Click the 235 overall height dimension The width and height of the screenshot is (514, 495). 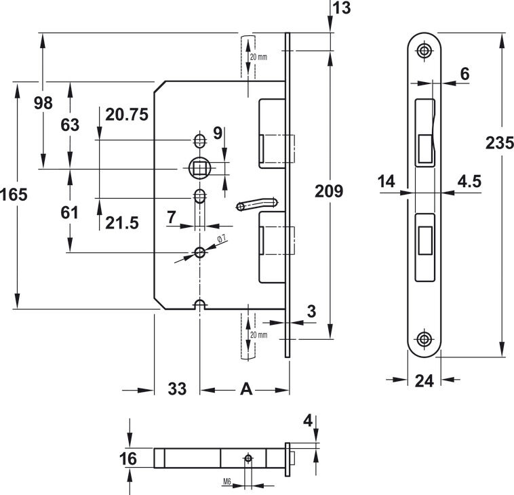pos(499,143)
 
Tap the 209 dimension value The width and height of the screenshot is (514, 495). pos(329,191)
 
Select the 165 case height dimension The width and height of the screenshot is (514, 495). pos(14,195)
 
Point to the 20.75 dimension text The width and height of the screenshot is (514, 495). pos(127,115)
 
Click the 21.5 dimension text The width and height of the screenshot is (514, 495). pos(122,223)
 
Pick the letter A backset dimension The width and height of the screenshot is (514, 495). pos(246,389)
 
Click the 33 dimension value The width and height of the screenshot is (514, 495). pos(177,389)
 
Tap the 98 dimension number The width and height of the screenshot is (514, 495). pos(43,103)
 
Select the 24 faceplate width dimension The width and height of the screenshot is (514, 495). pos(424,381)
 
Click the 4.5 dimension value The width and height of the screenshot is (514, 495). pos(469,181)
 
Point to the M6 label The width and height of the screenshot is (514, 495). pos(227,481)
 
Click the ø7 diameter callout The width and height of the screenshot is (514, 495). pos(222,239)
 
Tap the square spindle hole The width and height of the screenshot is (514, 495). pos(199,168)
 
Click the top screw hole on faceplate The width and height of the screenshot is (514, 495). pos(424,51)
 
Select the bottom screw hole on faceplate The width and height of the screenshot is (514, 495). pos(424,339)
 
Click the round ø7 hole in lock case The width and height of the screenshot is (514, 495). pos(199,252)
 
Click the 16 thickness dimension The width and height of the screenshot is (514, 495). pos(128,458)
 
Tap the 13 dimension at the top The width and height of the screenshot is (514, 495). pos(342,8)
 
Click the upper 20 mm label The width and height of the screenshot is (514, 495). pos(258,57)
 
